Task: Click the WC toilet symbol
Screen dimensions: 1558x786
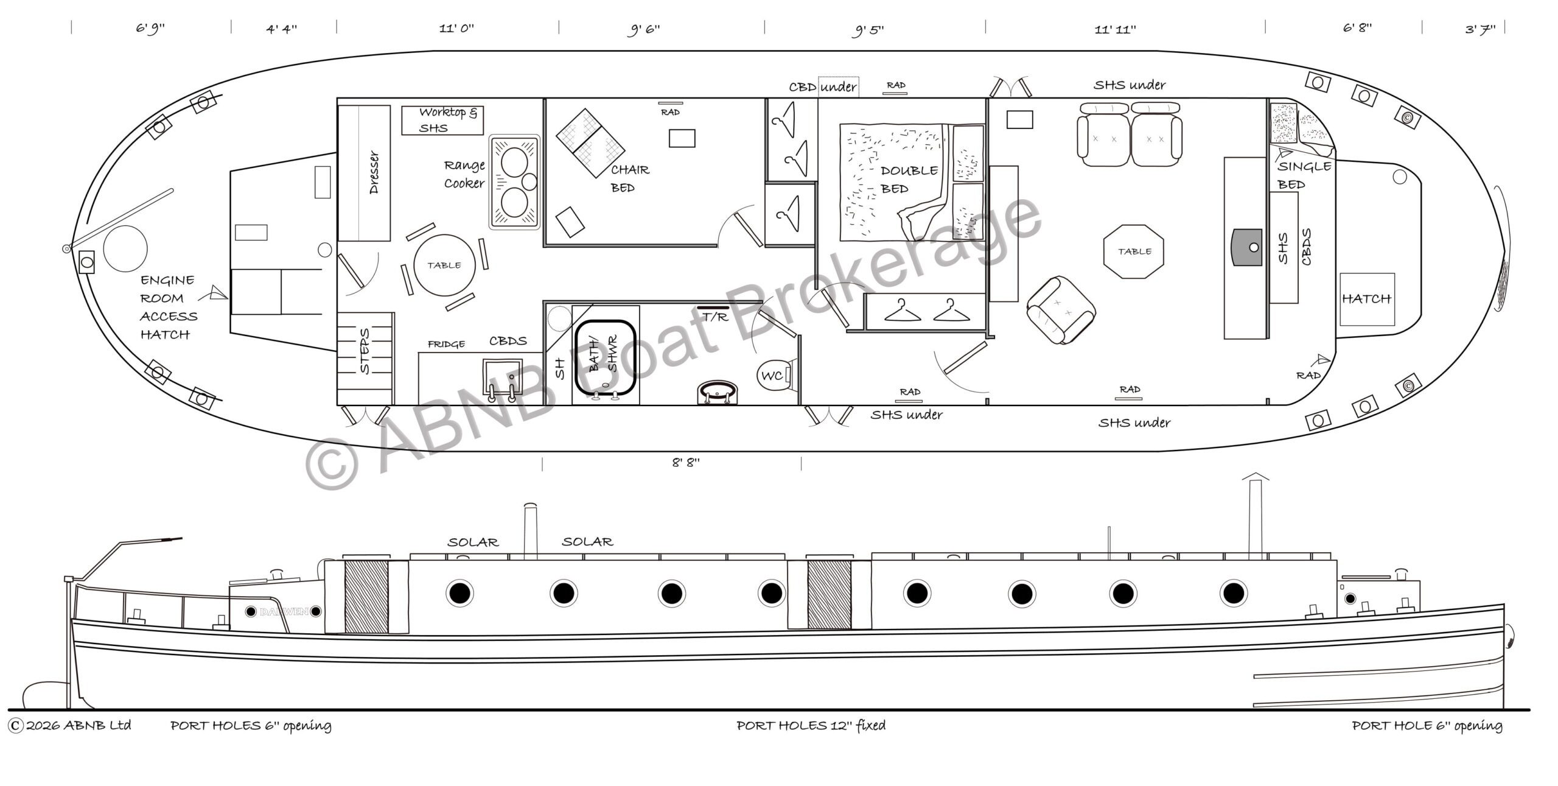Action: pos(774,376)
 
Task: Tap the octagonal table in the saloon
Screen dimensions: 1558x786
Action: pos(1134,251)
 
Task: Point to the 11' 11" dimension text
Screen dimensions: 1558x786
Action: pos(1115,30)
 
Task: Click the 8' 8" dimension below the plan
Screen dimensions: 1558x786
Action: pos(686,463)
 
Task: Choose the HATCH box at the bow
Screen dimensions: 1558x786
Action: pos(1367,299)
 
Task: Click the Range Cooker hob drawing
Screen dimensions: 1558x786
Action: pos(515,182)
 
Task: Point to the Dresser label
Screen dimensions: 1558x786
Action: pos(374,173)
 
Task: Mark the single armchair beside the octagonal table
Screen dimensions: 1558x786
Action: pos(1061,309)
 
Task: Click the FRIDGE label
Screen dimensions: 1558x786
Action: pos(446,345)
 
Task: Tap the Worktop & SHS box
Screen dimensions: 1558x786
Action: pos(442,120)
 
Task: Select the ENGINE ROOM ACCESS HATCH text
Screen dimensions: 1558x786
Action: pos(169,307)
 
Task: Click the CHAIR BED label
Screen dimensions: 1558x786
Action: pos(630,178)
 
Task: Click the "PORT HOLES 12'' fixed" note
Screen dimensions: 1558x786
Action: pos(811,726)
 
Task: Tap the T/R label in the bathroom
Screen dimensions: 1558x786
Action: pos(715,317)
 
